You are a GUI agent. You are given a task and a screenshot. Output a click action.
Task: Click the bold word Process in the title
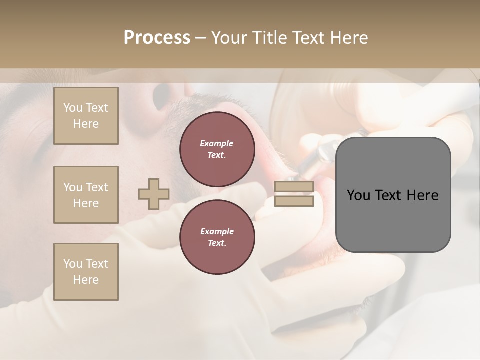157,38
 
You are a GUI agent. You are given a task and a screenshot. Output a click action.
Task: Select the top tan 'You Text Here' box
86,116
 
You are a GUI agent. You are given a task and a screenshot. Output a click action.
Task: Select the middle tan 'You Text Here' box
86,195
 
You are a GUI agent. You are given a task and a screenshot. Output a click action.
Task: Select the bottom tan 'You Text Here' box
86,272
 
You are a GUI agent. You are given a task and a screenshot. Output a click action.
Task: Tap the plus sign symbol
154,194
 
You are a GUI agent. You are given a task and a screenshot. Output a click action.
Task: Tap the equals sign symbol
294,194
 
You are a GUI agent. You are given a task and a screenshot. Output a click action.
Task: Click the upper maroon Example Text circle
217,149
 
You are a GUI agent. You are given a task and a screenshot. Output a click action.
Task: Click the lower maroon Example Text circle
217,237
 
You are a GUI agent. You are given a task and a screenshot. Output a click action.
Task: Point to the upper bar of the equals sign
294,187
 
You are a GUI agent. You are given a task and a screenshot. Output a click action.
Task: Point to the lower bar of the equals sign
294,201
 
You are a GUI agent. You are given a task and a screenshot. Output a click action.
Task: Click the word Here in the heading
350,38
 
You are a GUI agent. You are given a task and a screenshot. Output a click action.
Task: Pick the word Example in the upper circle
216,143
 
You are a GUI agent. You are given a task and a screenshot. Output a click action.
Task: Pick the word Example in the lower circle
216,231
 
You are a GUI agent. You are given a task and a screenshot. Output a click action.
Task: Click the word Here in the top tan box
86,124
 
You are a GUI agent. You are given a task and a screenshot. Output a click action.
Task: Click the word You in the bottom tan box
73,264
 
